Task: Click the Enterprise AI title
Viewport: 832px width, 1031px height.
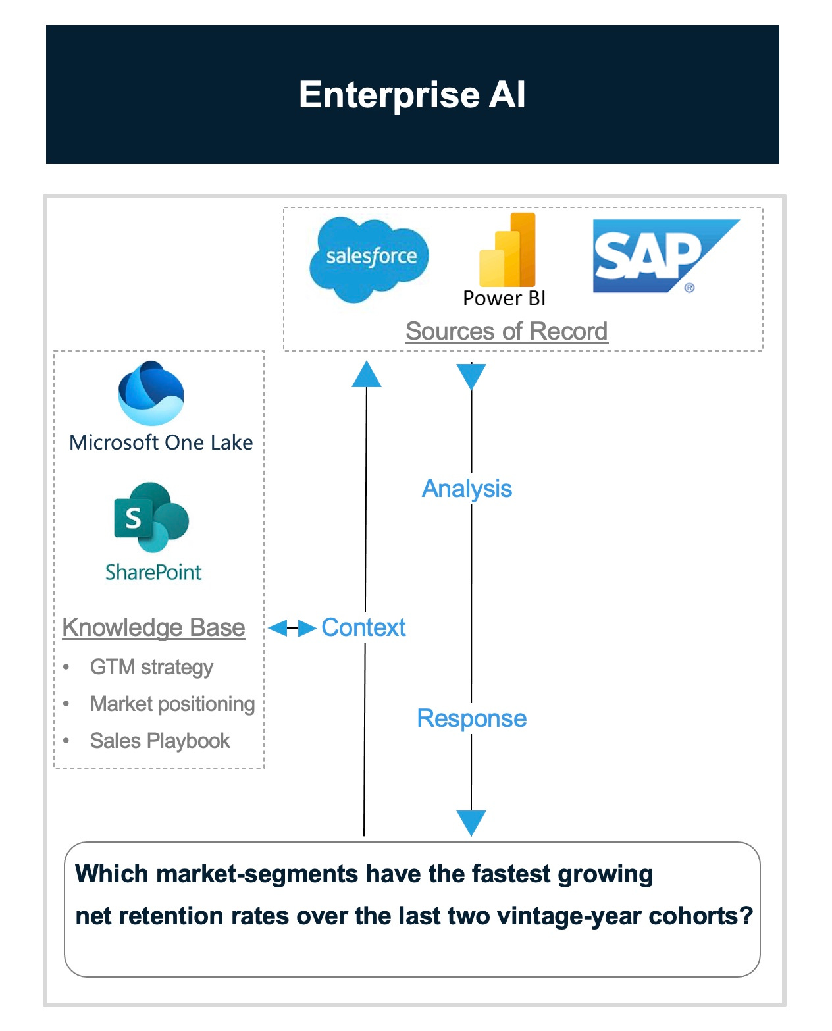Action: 412,95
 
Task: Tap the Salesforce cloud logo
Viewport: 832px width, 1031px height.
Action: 369,259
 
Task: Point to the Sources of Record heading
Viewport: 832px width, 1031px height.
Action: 506,331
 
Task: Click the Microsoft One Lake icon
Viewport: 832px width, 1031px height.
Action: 151,393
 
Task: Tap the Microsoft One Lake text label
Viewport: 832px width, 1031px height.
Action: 161,442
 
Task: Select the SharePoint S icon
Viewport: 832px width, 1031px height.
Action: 151,517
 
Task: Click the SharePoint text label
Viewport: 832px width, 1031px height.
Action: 153,572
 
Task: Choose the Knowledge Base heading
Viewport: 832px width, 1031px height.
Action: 153,627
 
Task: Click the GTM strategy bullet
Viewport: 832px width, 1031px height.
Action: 151,667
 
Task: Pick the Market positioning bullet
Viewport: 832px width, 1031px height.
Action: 172,704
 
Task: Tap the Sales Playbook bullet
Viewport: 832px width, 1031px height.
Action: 160,741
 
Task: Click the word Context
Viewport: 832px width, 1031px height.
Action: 363,627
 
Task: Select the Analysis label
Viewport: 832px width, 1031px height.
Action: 467,489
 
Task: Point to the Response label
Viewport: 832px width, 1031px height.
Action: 472,718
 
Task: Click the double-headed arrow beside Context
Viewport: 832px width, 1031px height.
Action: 292,628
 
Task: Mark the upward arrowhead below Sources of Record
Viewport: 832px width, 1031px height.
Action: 367,374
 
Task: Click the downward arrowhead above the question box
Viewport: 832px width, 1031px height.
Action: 471,822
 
